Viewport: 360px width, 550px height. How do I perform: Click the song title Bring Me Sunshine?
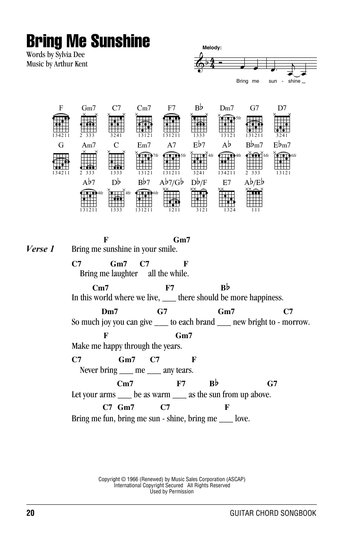point(88,41)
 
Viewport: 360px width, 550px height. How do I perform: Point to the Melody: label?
point(212,48)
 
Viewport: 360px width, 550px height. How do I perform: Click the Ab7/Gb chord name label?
point(171,183)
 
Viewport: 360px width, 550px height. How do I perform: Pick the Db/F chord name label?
point(199,183)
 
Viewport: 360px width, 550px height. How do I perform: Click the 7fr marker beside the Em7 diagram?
point(156,155)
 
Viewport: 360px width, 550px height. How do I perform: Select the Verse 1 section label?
point(40,249)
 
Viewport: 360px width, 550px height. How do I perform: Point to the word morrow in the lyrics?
point(296,322)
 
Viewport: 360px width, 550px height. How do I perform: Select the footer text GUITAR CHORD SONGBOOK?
point(273,513)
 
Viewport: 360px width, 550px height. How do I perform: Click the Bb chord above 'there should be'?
point(225,288)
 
